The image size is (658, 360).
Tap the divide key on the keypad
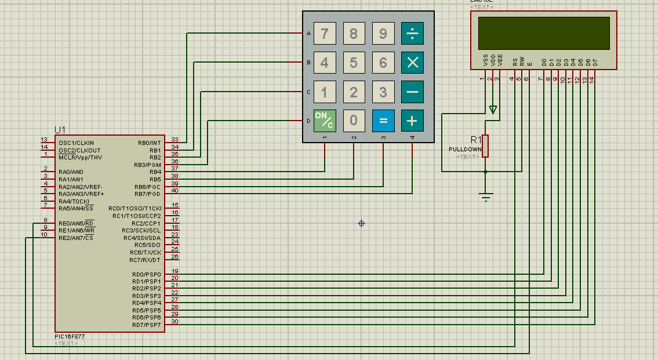coord(412,34)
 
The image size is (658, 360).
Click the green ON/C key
coord(325,121)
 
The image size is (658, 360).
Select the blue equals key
coord(383,121)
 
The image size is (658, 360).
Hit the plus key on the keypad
coord(412,121)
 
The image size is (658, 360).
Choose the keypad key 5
coord(354,63)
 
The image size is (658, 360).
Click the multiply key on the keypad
coord(412,63)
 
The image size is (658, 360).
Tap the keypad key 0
coord(354,121)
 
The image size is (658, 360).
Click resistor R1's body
coord(485,146)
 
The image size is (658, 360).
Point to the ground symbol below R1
coord(486,198)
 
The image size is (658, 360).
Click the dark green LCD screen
coord(543,33)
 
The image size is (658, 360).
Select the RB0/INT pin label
coord(149,143)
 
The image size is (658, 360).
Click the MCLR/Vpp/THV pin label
coord(80,158)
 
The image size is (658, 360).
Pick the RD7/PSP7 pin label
coord(146,325)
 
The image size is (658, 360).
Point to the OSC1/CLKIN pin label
coord(76,143)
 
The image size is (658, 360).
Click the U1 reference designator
coord(60,129)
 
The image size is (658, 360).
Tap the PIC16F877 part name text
coord(70,336)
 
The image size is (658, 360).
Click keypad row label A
coord(308,34)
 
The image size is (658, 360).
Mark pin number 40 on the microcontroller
coord(175,191)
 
